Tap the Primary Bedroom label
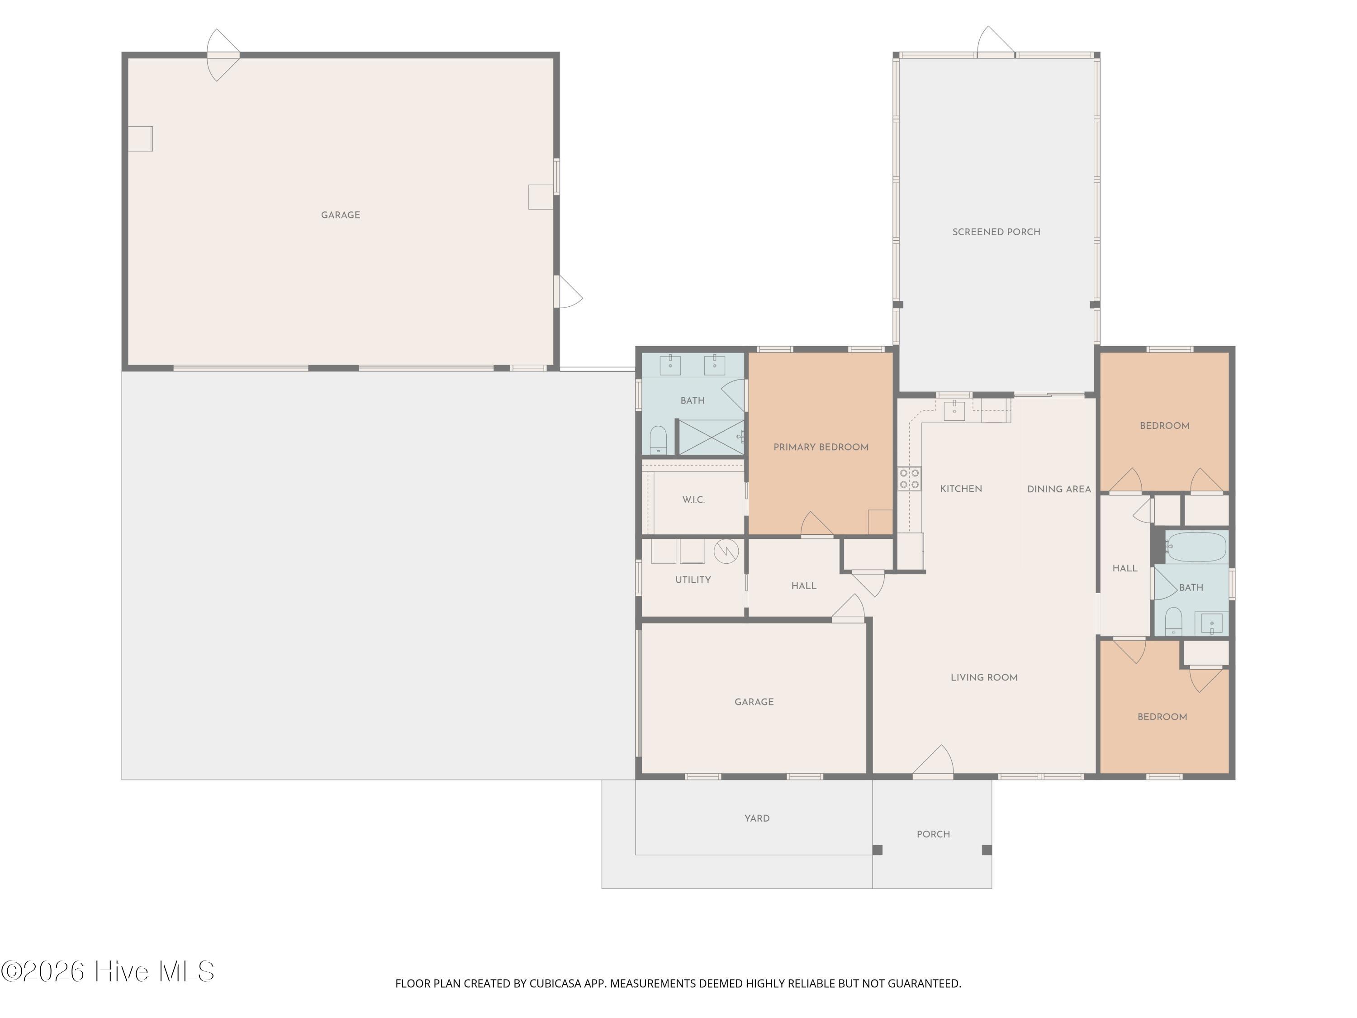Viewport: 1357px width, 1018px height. click(821, 447)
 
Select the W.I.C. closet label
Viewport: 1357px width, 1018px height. click(693, 500)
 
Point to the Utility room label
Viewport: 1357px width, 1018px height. click(693, 580)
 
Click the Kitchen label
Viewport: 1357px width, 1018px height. click(961, 489)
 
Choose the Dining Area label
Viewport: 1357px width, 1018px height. click(1059, 490)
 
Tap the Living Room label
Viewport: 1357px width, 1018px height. click(984, 677)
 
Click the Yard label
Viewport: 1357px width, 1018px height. click(757, 818)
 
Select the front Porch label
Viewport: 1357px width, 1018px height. click(933, 834)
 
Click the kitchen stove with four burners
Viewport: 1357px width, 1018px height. click(909, 479)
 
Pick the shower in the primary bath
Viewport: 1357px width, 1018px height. click(711, 437)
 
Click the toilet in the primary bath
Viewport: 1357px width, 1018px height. click(658, 440)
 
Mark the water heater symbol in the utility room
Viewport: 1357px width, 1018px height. click(726, 551)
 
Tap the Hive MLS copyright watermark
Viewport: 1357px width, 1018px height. click(108, 971)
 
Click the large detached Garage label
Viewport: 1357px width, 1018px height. click(341, 215)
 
